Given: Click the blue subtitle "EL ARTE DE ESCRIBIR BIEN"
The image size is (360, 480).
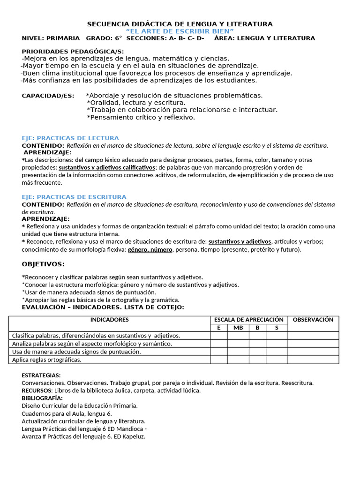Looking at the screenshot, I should (180, 31).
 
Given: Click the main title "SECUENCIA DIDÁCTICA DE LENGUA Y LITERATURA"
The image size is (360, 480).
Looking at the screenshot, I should (180, 24).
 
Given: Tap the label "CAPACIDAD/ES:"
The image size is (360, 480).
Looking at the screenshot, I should (48, 96).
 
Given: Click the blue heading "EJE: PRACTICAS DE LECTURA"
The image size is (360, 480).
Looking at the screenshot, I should (70, 138).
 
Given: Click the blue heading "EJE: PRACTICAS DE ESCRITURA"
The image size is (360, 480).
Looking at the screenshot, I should (74, 197).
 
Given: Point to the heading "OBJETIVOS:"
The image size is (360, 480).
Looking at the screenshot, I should (43, 264).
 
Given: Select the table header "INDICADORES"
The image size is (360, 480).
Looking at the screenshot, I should (109, 320).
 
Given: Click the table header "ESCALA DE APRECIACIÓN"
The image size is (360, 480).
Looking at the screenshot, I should (248, 320).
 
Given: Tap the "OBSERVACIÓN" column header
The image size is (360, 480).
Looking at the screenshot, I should (313, 320).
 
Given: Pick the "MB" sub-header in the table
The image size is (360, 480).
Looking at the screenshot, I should (238, 328).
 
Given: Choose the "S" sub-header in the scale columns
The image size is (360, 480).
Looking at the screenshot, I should (277, 328).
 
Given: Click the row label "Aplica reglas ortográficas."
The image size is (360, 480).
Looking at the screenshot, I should (47, 360).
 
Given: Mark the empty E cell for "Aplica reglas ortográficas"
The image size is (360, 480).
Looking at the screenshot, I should (218, 360).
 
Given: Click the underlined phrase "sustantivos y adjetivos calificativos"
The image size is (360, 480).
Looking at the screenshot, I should (107, 167).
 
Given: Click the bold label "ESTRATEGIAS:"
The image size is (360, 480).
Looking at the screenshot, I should (41, 375).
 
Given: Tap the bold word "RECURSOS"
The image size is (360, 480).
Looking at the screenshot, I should (37, 390).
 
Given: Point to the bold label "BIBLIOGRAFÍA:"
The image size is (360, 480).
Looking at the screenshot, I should (42, 398).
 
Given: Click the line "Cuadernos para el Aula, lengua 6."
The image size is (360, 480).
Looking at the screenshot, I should (67, 413).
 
